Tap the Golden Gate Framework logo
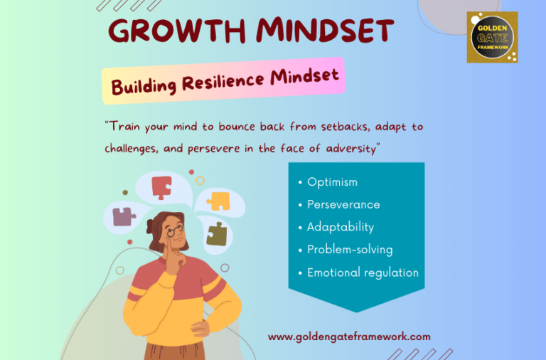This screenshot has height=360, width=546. [492, 37]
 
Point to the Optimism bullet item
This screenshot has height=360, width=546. [332, 182]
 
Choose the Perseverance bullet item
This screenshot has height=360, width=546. [343, 205]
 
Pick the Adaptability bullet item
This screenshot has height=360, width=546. [340, 228]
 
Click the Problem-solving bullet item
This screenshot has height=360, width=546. [349, 250]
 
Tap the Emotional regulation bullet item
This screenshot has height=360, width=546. [363, 272]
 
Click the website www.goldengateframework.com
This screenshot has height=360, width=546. [349, 337]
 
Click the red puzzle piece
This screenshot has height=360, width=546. [161, 187]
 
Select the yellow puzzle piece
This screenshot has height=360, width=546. [219, 201]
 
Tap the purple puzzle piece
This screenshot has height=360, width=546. [124, 216]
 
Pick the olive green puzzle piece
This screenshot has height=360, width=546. [216, 233]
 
